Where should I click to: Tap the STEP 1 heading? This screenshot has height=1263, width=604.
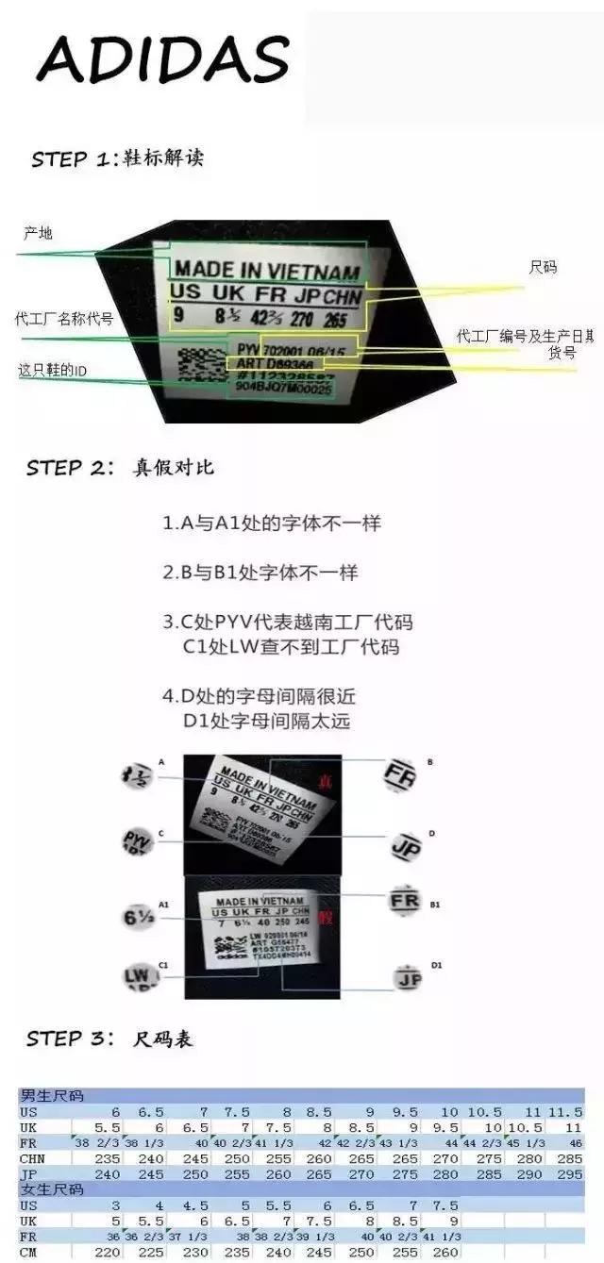[x=117, y=158]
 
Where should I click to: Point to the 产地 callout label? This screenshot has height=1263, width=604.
[x=38, y=233]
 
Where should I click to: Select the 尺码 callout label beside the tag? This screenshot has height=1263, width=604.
[x=543, y=268]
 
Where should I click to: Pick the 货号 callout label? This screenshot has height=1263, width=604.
[x=562, y=352]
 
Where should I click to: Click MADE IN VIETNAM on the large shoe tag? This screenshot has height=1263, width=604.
[x=267, y=272]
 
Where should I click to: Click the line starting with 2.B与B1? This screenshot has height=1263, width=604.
[x=260, y=573]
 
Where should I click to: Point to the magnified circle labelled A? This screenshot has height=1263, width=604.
[x=138, y=776]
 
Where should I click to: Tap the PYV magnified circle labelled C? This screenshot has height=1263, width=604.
[x=138, y=840]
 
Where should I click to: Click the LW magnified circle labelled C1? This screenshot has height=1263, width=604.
[x=138, y=974]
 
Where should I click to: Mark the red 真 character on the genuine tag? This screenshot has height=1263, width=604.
[x=324, y=781]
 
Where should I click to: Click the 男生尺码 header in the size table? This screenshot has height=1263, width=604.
[x=52, y=1096]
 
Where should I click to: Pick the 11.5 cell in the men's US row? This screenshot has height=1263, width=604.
[x=565, y=1112]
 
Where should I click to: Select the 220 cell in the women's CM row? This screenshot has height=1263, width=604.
[x=108, y=1253]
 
